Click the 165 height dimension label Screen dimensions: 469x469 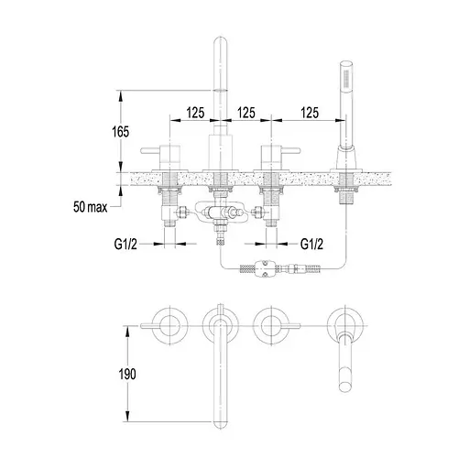coord(121,132)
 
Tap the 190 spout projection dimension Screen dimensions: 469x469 coord(127,374)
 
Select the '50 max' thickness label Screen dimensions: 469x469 coord(91,207)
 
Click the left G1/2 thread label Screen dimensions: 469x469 coord(125,244)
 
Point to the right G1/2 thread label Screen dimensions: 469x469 coord(311,244)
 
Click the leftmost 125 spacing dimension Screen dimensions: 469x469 coord(195,113)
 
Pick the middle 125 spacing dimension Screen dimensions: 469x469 coord(246,113)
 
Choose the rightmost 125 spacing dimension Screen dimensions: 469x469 coord(310,113)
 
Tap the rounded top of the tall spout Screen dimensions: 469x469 coord(220,43)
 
